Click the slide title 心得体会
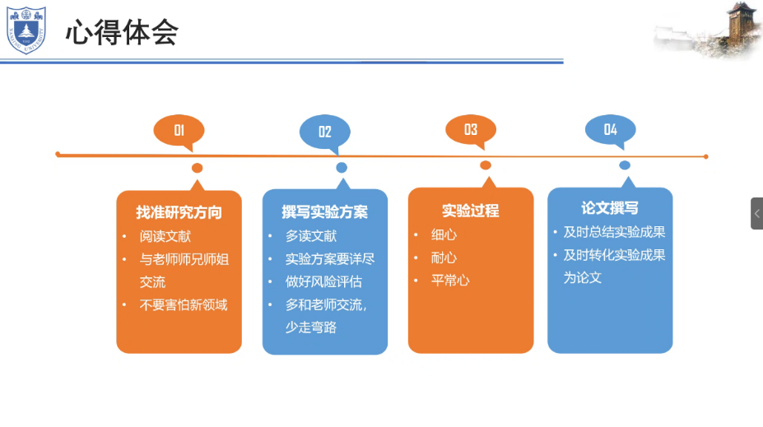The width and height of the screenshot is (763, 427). point(122,32)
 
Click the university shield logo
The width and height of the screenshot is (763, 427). point(26,30)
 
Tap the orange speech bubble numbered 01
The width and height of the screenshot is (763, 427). point(179,130)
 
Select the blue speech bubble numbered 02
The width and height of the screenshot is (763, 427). point(324,132)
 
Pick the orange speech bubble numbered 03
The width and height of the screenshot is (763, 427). point(471,129)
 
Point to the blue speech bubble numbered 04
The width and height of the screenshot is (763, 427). point(610,129)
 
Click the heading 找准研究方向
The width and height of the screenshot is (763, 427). point(179,212)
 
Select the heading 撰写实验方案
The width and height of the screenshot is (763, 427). point(324,212)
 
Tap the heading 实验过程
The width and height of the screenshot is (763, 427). point(471,211)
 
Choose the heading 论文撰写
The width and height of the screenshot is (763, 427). point(610,208)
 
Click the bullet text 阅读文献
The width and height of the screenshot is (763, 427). point(165,236)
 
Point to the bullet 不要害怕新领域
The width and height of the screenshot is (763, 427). point(184,305)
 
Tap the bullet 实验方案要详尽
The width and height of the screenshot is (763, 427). point(330,258)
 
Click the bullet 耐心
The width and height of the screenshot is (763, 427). point(444,258)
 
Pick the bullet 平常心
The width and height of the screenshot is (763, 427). point(451,281)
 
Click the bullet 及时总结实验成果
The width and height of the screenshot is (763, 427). point(614,232)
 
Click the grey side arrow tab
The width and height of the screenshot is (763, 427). point(756,213)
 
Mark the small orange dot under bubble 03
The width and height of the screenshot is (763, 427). point(486,165)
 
